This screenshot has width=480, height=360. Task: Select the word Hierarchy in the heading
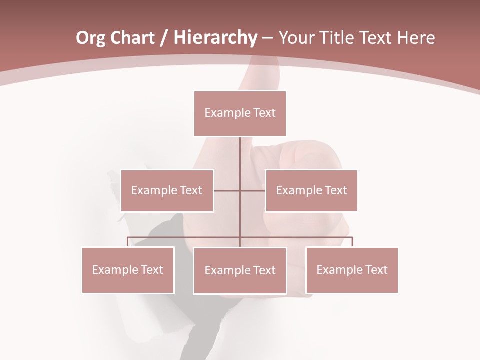point(215,38)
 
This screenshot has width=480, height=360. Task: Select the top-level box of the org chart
point(240,113)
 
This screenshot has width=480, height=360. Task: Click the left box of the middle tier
point(167,190)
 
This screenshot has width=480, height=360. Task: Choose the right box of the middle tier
point(311,190)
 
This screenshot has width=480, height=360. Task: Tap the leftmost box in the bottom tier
point(128,270)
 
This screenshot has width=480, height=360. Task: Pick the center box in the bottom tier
point(240,270)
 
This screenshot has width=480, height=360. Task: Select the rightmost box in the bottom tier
point(352,270)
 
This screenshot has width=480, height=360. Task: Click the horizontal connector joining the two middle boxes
point(228,190)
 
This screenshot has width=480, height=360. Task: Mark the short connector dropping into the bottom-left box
point(128,242)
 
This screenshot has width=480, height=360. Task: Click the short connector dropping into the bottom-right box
point(352,242)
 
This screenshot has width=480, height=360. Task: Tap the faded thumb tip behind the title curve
point(260,70)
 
